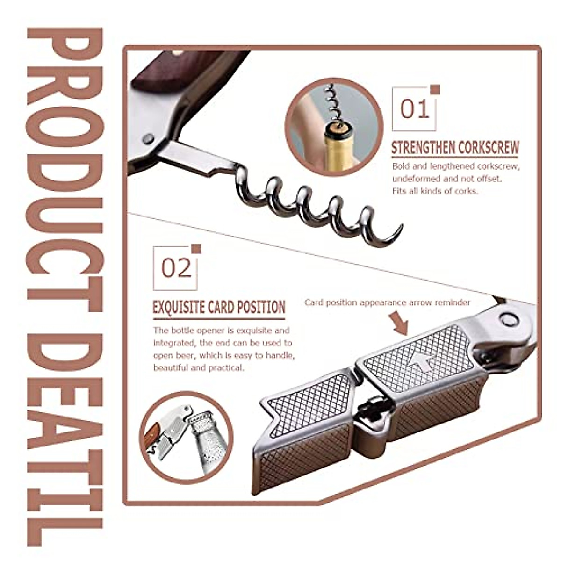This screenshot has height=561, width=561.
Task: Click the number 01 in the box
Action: click(x=414, y=109)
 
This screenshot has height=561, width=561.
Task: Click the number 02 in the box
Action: click(x=176, y=268)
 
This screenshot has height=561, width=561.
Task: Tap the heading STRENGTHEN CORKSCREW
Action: click(x=454, y=148)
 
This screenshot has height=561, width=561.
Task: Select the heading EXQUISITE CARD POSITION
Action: click(x=219, y=307)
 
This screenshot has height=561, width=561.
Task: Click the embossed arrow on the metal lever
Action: click(x=423, y=360)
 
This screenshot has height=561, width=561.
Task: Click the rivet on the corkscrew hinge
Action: click(x=149, y=138)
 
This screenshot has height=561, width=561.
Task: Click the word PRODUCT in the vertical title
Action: click(x=65, y=154)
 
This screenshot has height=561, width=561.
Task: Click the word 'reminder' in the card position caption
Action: click(x=452, y=302)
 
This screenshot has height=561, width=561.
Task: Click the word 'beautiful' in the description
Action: click(x=171, y=367)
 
